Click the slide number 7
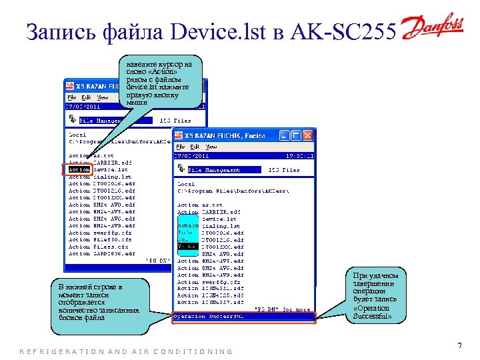click(x=459, y=345)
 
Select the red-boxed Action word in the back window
click(x=79, y=169)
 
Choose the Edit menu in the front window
click(x=195, y=147)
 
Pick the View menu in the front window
click(x=211, y=147)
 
